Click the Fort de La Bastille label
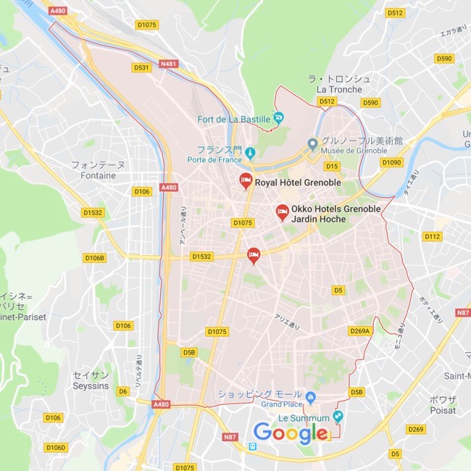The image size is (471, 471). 234,119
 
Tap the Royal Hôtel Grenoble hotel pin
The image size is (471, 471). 246,181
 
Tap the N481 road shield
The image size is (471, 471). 170,64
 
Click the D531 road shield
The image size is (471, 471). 141,67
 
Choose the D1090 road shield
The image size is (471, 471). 391,162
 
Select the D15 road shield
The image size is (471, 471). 333,166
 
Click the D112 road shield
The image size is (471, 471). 432,236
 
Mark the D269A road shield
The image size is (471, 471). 360,331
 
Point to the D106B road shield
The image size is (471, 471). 95,257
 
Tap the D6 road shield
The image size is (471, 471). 123,391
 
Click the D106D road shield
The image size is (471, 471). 55,447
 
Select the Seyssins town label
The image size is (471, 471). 91,385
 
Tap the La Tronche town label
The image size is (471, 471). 339,89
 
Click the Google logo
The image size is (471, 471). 290,433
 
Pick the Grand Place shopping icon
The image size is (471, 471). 310,396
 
